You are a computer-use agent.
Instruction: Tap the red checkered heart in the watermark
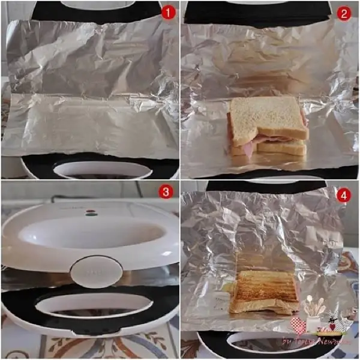click(298, 326)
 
